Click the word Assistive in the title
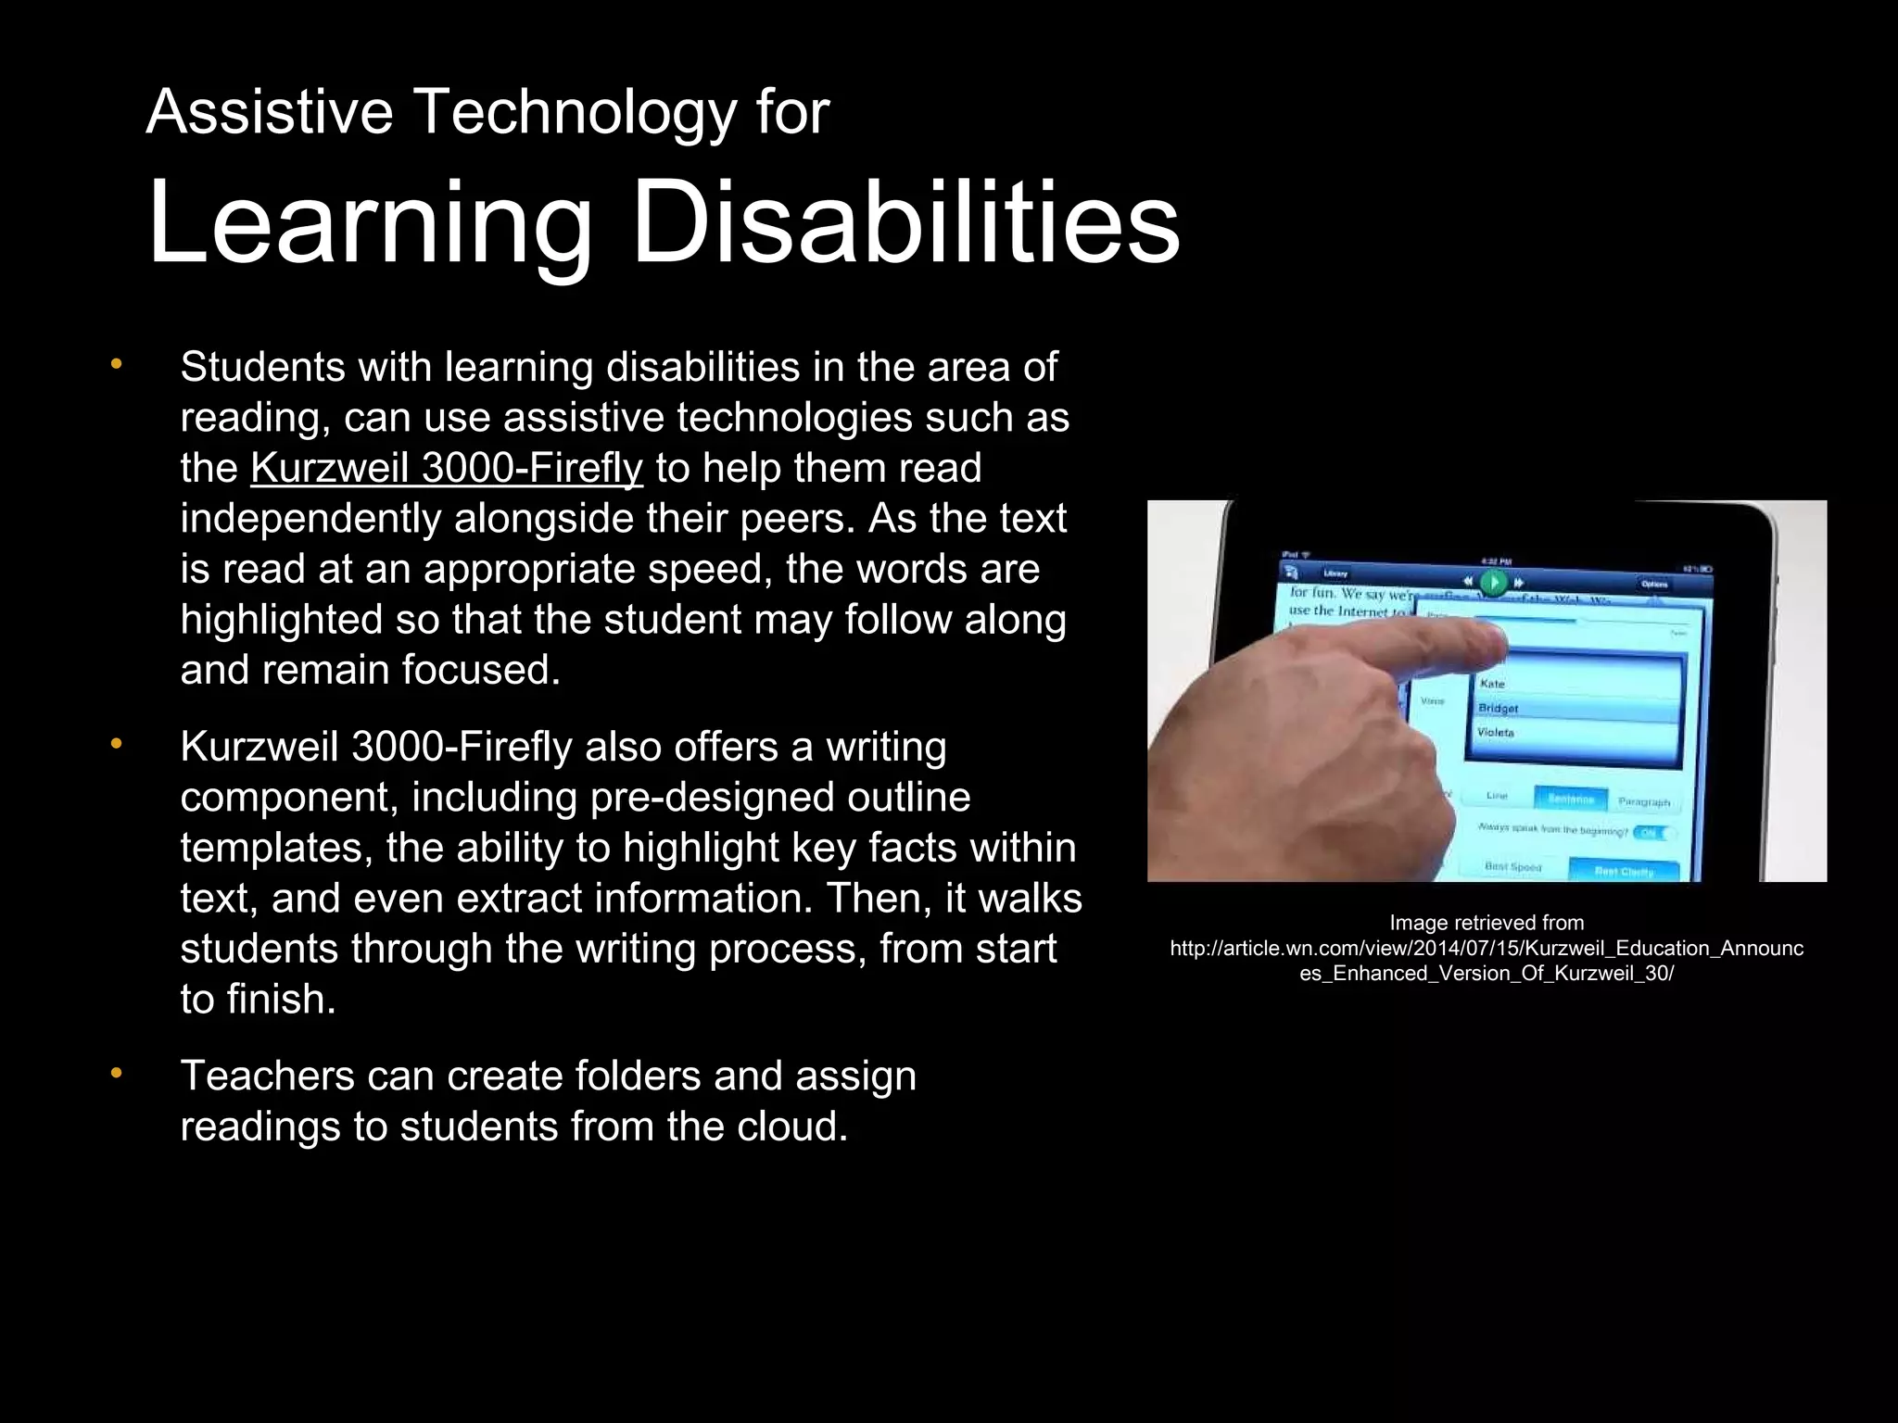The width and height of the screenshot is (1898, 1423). [269, 112]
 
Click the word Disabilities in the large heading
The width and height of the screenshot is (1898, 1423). [905, 222]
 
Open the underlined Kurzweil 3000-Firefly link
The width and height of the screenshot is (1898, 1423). [446, 468]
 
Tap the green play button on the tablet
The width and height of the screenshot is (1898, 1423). [1492, 583]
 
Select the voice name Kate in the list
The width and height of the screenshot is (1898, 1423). [1493, 684]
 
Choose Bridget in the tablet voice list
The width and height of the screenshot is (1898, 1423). [1499, 709]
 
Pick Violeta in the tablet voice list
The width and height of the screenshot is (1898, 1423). [1496, 733]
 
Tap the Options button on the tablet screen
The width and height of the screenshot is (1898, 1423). [1654, 584]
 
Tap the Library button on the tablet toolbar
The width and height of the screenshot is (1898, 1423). [1335, 573]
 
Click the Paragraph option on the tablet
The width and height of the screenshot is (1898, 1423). [1643, 802]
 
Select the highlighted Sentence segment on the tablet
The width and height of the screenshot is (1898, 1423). [1570, 799]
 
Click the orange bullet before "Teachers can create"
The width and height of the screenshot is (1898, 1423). [116, 1074]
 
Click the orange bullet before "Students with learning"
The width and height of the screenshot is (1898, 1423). [116, 365]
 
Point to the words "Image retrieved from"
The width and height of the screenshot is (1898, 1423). [1487, 923]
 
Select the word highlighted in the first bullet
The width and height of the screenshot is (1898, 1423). [281, 620]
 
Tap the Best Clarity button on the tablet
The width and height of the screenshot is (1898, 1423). [1624, 871]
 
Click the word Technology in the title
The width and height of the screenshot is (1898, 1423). [576, 112]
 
